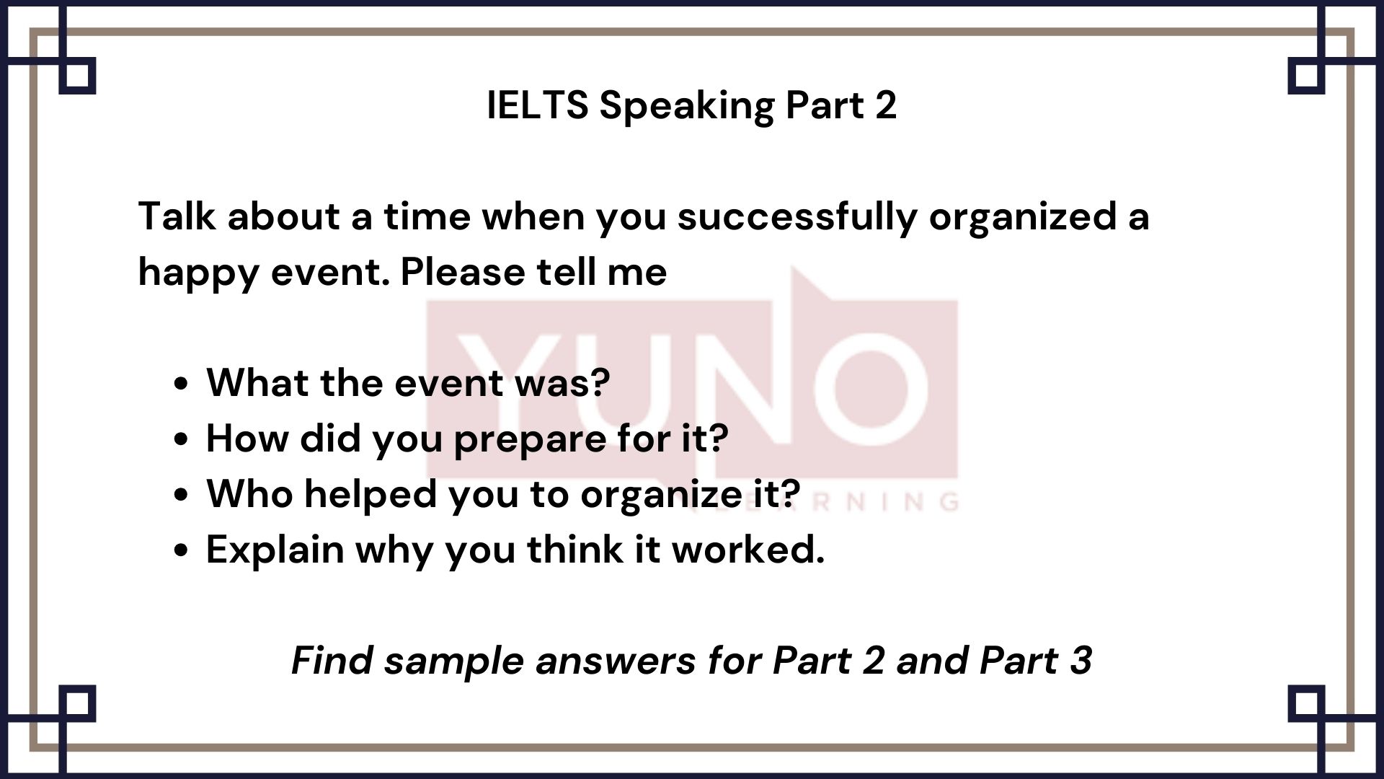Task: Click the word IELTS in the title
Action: [537, 105]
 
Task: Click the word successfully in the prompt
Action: [796, 217]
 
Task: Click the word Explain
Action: [275, 550]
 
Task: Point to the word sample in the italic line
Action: [453, 661]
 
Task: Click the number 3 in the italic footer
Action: [1080, 660]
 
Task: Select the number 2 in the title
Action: [886, 105]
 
